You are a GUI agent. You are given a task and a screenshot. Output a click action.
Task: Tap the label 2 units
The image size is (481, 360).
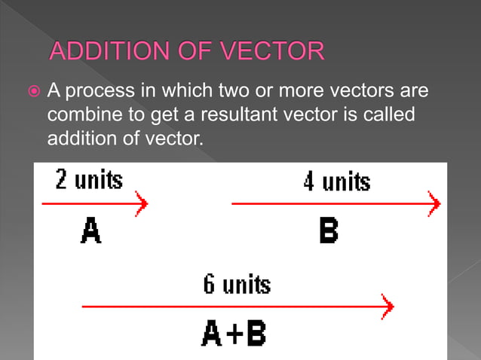(x=88, y=181)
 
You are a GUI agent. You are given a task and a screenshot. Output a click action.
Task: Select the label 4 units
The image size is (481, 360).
(x=336, y=182)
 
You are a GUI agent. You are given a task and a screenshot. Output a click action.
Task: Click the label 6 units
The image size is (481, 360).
(x=236, y=284)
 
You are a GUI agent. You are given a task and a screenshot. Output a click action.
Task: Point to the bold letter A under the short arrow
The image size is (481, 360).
(x=90, y=230)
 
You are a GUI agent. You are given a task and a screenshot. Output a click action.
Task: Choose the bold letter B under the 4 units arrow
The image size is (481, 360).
(x=328, y=230)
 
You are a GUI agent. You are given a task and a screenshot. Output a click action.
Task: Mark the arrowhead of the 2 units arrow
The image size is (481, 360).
(x=142, y=203)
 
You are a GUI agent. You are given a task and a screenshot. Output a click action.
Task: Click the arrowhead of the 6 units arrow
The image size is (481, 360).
(x=388, y=306)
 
